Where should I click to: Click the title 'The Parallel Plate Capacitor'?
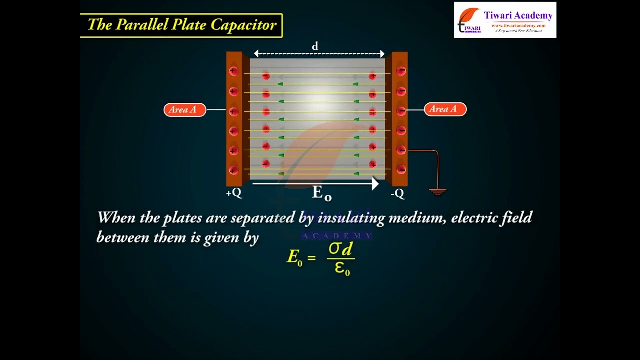[181, 25]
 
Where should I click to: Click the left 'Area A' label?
[185, 110]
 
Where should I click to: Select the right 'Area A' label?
[445, 109]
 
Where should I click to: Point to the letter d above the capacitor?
[315, 46]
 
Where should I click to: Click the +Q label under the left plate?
[234, 193]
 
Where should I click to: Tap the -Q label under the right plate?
[398, 193]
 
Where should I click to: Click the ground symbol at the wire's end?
[437, 191]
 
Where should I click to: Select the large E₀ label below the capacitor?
[321, 193]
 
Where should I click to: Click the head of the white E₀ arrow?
[375, 184]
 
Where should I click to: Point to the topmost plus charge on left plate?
[233, 71]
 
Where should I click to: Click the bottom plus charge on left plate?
[233, 170]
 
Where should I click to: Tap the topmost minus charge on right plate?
[401, 71]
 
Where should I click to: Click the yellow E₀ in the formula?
[294, 257]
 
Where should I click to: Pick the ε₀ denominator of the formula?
[342, 269]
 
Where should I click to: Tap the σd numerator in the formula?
[341, 249]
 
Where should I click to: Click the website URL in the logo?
[518, 25]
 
